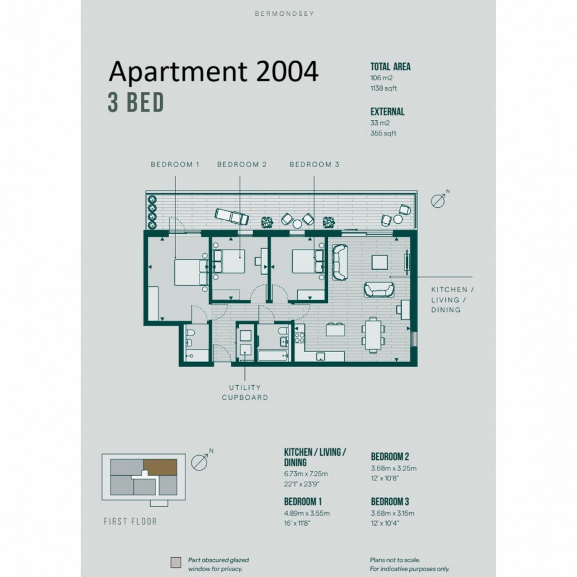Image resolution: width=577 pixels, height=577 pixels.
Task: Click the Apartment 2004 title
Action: tap(214, 72)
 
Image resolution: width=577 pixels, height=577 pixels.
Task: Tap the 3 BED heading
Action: tap(135, 103)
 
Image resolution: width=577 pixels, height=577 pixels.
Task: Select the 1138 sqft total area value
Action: tap(384, 89)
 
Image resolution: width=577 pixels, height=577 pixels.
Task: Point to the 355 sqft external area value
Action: tap(383, 134)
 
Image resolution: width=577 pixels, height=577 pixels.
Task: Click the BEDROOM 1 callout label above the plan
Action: tap(175, 165)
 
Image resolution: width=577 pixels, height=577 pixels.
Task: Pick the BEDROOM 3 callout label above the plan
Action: tap(314, 165)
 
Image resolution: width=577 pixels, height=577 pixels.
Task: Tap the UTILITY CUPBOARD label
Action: tap(245, 393)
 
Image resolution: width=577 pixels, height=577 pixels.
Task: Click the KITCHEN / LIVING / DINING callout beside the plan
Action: tap(453, 300)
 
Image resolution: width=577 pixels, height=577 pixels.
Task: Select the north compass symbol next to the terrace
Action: tap(439, 201)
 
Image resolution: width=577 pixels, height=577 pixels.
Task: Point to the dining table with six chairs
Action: tap(373, 334)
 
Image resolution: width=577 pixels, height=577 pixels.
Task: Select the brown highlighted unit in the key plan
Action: tap(160, 467)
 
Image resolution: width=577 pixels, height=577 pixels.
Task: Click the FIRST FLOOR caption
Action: tap(130, 521)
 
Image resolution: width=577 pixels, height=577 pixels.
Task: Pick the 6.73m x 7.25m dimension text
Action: tap(306, 474)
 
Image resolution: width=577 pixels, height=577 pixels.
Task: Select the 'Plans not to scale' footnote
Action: tap(395, 560)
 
